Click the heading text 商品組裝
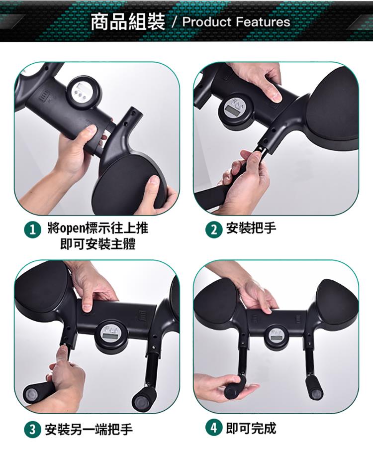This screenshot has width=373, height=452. click(128, 22)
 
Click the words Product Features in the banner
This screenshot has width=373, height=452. click(236, 22)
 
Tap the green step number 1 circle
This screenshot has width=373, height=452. click(32, 230)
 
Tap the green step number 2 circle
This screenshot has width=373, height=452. click(213, 230)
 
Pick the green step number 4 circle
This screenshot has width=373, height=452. click(213, 428)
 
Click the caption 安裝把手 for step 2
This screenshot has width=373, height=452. click(251, 228)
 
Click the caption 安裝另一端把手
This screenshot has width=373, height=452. click(89, 430)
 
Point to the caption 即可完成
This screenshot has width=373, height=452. click(251, 428)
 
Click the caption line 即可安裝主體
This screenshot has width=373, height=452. click(98, 245)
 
